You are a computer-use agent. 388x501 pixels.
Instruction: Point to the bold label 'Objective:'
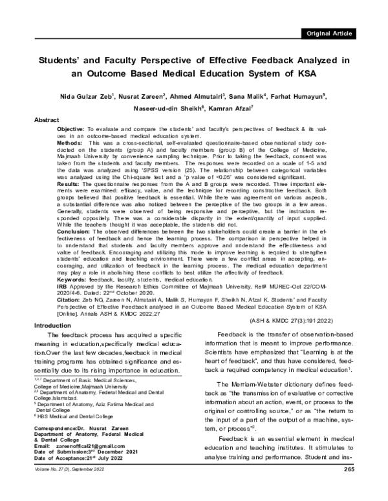(x=65, y=130)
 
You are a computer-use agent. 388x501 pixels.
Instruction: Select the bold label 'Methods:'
(x=63, y=143)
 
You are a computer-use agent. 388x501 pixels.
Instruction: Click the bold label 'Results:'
(x=62, y=183)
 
